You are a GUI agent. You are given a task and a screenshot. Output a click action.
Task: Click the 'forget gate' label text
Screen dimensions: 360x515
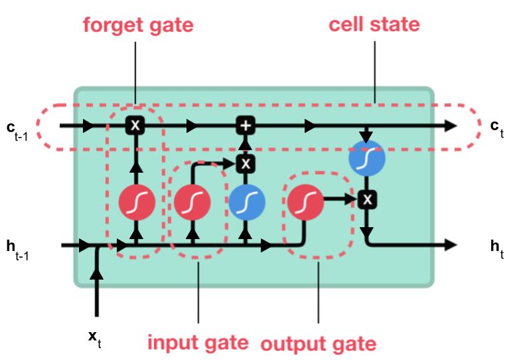[138, 26]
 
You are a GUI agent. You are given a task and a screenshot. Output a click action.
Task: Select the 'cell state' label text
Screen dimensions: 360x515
[374, 25]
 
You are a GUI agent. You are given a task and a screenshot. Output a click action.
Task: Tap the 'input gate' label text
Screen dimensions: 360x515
[198, 343]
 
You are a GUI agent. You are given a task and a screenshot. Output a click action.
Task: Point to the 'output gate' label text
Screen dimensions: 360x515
[318, 344]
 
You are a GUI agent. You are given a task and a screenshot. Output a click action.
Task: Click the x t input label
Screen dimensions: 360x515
[96, 337]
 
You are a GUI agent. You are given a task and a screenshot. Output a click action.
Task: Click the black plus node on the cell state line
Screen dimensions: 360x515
[246, 125]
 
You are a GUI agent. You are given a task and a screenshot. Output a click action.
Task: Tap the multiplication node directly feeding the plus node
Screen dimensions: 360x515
[246, 163]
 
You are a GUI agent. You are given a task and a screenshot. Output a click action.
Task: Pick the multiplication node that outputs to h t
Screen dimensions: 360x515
[367, 199]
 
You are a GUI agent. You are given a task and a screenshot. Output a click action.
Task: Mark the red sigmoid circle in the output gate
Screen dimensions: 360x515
[304, 200]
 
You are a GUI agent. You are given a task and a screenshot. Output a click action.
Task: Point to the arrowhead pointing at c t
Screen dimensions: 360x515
[451, 125]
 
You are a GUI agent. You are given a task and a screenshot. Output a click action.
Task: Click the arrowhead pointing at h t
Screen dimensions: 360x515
[451, 245]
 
